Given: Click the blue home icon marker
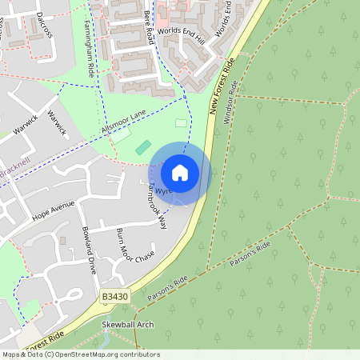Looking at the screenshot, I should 180,172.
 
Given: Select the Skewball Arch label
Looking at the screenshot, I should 128,326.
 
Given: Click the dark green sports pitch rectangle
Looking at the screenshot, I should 143,147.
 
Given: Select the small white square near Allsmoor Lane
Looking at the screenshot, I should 181,123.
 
